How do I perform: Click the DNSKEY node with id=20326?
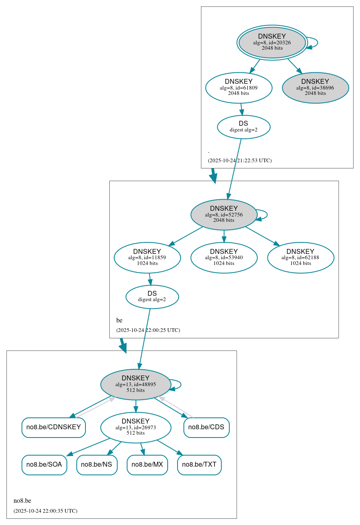[x=272, y=42]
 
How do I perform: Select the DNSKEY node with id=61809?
[x=239, y=87]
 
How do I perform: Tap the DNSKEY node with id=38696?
[x=315, y=87]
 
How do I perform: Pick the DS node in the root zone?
[x=243, y=127]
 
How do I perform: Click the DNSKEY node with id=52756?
[x=224, y=214]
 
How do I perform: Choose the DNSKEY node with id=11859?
[x=147, y=258]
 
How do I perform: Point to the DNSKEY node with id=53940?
[x=224, y=258]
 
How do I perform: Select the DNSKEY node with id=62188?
[x=300, y=258]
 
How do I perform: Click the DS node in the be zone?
[x=152, y=297]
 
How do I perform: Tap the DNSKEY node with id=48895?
[x=136, y=385]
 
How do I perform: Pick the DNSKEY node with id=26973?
[x=136, y=428]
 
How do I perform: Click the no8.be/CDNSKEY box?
[x=53, y=427]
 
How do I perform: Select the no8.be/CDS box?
[x=206, y=427]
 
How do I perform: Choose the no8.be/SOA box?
[x=44, y=465]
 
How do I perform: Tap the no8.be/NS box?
[x=97, y=465]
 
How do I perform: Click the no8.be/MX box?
[x=147, y=465]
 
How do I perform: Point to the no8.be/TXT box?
[x=199, y=465]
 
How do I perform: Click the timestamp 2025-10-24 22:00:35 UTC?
[x=45, y=511]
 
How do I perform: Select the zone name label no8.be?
[x=22, y=501]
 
